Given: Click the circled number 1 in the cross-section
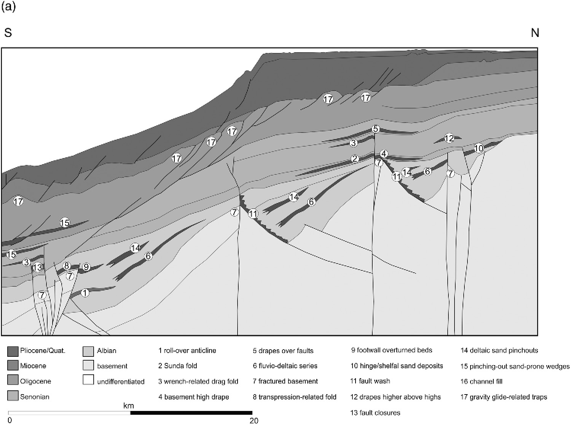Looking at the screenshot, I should [x=85, y=293].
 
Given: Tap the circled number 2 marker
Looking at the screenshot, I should [x=355, y=159].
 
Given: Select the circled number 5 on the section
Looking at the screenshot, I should [x=376, y=129].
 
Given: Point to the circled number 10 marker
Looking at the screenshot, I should [x=479, y=148].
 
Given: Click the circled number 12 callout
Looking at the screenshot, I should [x=450, y=138].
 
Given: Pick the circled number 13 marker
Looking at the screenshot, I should [x=37, y=267].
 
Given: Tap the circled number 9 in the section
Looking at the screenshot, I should [x=86, y=267].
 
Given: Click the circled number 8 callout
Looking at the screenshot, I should [x=67, y=266].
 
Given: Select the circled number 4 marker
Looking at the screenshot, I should [x=384, y=154].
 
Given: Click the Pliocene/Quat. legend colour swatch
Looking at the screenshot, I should [x=13, y=351].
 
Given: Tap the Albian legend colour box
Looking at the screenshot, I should [x=88, y=351].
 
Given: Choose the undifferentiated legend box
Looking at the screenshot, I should [x=88, y=381].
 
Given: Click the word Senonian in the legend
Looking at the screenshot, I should [x=35, y=397].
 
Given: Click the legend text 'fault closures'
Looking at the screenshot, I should [x=379, y=412].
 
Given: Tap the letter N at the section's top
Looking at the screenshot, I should [x=535, y=33].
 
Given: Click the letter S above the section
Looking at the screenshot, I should [x=8, y=33].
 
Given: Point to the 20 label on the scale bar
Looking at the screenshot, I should [x=254, y=420].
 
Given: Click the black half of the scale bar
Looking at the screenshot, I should [x=191, y=412].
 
